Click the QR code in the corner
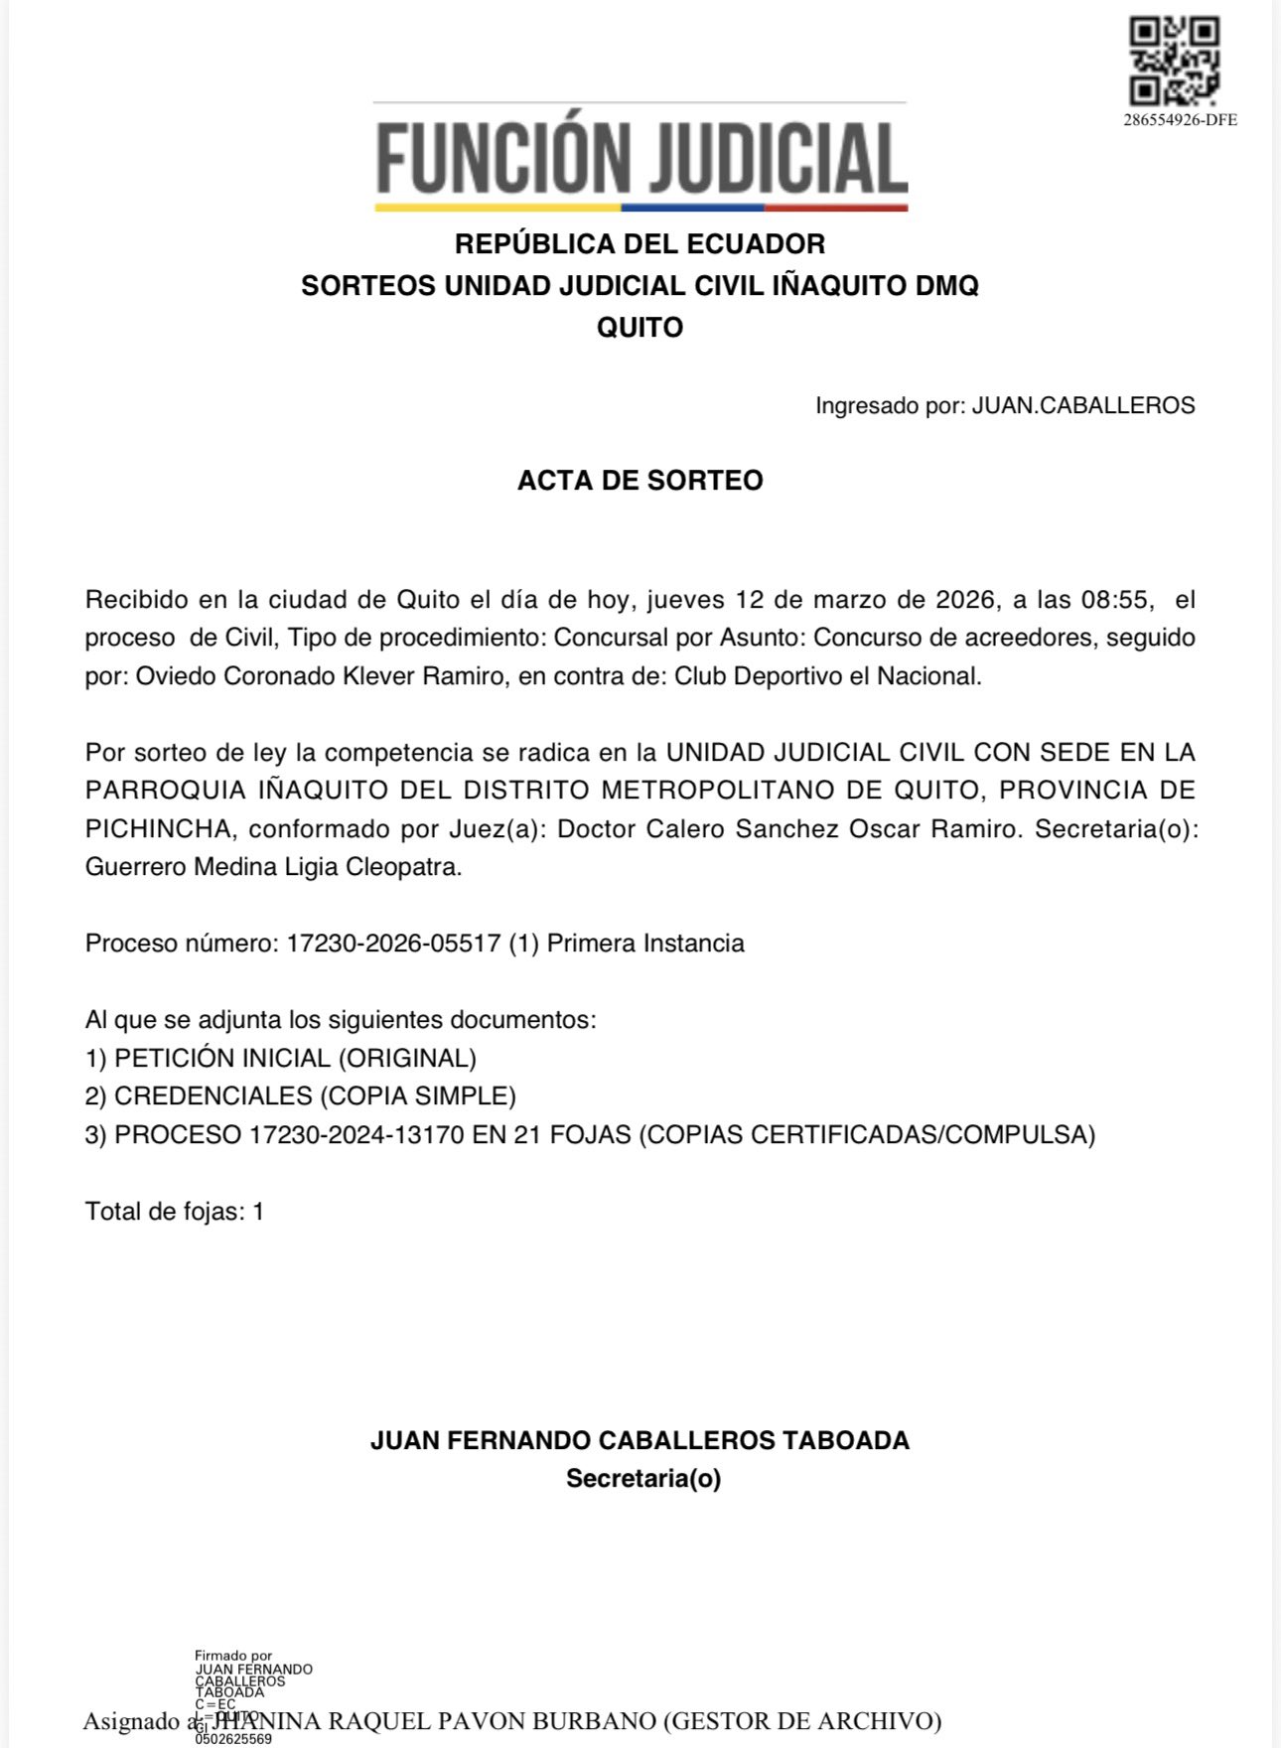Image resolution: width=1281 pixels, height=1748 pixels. tap(1175, 61)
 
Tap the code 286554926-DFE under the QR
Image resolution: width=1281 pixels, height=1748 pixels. tap(1180, 120)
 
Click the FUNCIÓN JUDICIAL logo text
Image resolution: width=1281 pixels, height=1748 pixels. tap(640, 159)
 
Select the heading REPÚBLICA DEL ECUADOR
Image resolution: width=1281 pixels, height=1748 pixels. tap(640, 243)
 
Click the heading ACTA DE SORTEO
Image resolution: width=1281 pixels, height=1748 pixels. tap(640, 480)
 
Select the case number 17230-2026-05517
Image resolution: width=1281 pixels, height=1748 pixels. tap(393, 943)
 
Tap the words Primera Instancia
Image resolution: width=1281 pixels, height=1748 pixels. tap(645, 943)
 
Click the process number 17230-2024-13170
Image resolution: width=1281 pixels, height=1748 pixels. tap(356, 1134)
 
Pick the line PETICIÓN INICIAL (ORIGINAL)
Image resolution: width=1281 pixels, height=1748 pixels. tap(295, 1058)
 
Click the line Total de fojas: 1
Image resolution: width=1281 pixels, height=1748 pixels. tap(175, 1211)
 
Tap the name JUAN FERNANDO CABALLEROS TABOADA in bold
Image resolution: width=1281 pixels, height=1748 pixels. tap(640, 1440)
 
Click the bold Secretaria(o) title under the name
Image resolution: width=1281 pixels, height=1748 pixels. tap(642, 1478)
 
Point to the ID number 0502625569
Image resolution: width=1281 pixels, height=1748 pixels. tap(233, 1739)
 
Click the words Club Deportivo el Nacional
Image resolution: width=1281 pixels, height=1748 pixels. tap(827, 676)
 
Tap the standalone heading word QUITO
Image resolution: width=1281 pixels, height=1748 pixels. tap(640, 327)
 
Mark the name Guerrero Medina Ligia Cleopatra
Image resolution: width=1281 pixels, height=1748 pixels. tap(273, 866)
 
